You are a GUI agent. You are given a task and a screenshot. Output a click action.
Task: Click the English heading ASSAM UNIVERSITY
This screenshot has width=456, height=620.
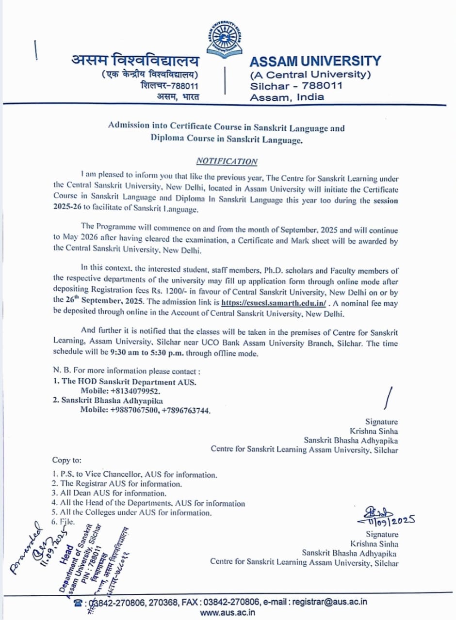coord(315,61)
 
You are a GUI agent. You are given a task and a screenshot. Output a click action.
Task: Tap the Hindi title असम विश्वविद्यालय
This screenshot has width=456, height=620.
coord(135,62)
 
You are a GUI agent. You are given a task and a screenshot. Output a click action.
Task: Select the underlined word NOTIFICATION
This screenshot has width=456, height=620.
coord(227,161)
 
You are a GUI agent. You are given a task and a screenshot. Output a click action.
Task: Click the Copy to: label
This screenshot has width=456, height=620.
coord(67,460)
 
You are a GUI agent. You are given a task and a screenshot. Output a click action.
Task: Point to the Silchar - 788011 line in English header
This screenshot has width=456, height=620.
coord(296,86)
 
